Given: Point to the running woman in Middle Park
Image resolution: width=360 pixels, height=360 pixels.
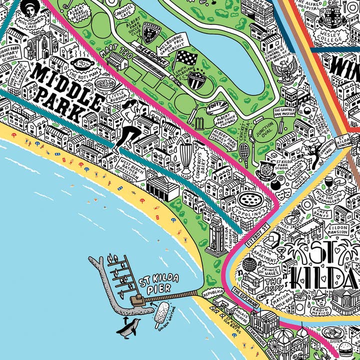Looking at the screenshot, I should coord(128,125).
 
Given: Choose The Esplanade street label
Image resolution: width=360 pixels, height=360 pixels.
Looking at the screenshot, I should coord(245,299).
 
